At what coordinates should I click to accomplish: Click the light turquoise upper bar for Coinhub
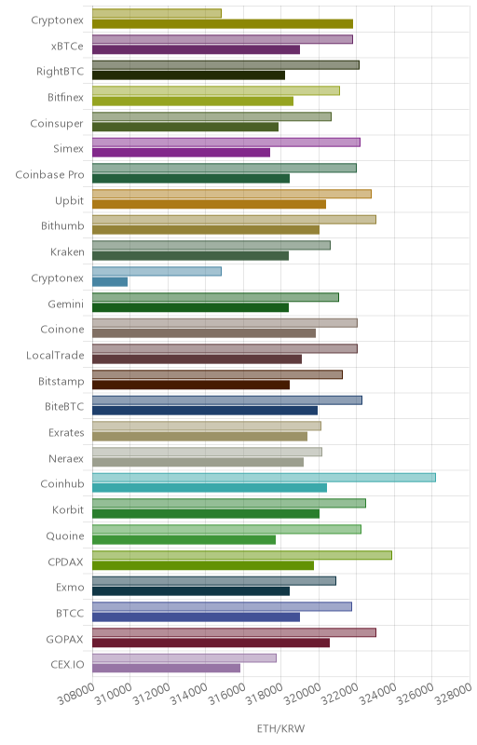tap(264, 478)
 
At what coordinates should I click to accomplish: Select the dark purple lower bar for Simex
tap(181, 153)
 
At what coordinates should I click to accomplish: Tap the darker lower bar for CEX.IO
tap(166, 669)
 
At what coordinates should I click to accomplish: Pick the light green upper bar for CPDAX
tap(242, 555)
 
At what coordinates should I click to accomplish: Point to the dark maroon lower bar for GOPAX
tap(211, 643)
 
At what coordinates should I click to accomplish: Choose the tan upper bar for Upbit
tap(232, 194)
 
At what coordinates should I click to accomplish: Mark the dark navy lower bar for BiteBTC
tap(205, 411)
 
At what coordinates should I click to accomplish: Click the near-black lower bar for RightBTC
tap(188, 75)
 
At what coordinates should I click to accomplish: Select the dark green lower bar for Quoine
tap(184, 540)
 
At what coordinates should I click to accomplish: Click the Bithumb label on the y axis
tap(62, 225)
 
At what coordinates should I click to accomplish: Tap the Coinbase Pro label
tap(50, 174)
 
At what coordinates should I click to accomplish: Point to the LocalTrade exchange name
tap(55, 355)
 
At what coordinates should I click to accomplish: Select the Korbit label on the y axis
tap(68, 509)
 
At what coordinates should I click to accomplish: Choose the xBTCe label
tap(67, 46)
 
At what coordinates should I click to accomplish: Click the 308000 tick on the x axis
tap(76, 694)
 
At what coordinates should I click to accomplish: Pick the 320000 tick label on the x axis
tap(302, 694)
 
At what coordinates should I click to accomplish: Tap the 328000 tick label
tap(454, 694)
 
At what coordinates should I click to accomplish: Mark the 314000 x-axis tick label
tap(189, 694)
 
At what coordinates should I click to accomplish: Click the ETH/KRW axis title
tap(280, 728)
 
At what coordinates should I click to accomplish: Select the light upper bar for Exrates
tap(207, 426)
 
